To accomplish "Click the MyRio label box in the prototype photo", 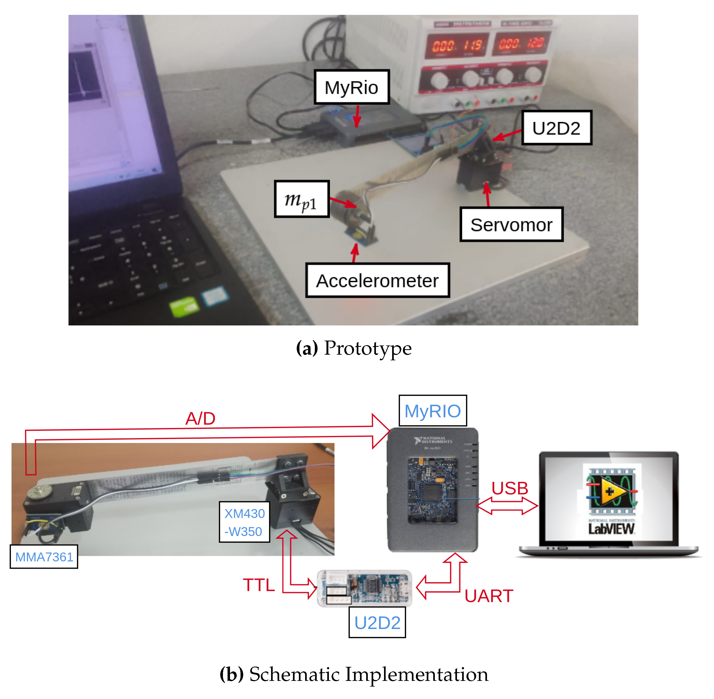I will (x=351, y=87).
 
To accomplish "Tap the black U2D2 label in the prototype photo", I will (x=556, y=128).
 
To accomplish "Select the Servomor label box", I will (x=511, y=225).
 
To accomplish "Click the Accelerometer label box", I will (x=377, y=281).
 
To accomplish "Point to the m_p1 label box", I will (x=301, y=199).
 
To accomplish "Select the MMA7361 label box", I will (x=44, y=557).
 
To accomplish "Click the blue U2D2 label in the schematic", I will (x=377, y=623).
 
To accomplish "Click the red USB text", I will (x=509, y=488).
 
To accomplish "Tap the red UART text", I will (x=488, y=596).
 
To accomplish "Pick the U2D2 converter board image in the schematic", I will (x=364, y=588).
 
